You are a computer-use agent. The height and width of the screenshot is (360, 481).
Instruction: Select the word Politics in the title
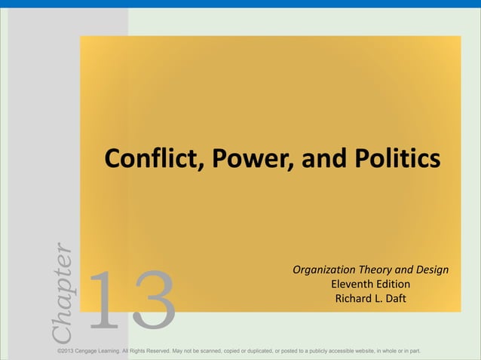(x=393, y=160)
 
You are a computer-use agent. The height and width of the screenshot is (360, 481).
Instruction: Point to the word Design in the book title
(x=432, y=270)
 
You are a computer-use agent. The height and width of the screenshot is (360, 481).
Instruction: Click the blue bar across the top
(x=240, y=4)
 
